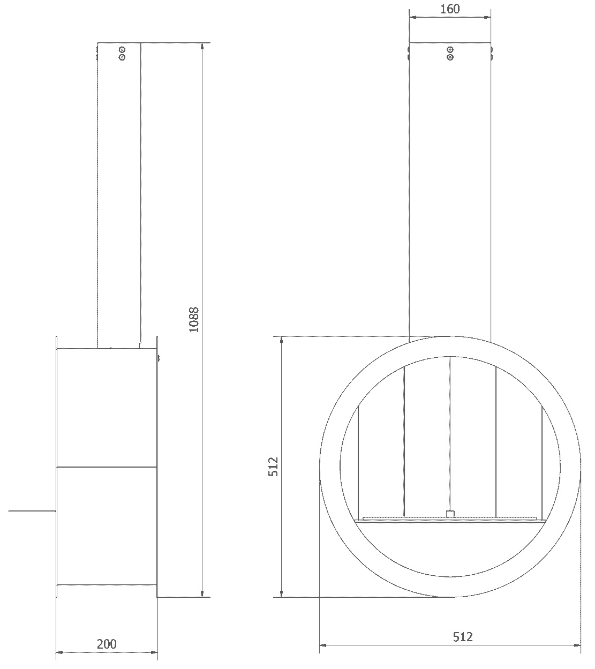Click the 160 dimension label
click(x=450, y=9)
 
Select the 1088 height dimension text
click(x=194, y=320)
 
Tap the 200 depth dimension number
click(x=107, y=644)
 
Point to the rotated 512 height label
click(x=273, y=467)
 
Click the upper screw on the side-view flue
click(x=122, y=50)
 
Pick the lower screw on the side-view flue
click(x=122, y=57)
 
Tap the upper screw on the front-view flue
click(x=450, y=50)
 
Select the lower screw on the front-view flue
click(x=450, y=57)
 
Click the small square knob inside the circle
click(x=450, y=514)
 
